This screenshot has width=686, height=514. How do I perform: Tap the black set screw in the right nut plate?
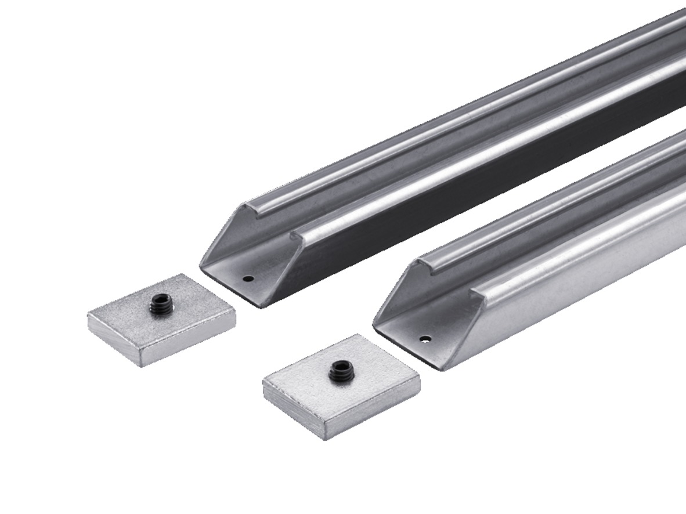coord(338,370)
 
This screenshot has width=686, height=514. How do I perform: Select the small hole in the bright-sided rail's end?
coord(425,339)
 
